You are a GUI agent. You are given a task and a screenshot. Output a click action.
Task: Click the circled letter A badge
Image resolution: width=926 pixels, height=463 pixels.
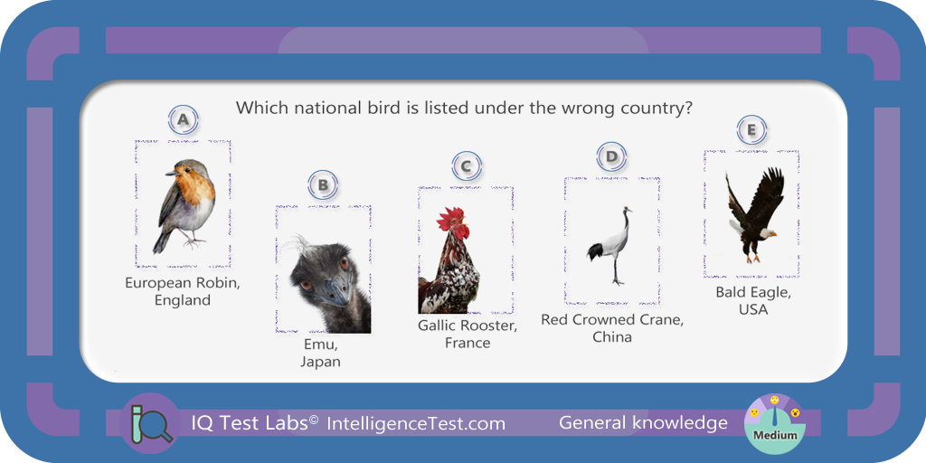tap(183, 120)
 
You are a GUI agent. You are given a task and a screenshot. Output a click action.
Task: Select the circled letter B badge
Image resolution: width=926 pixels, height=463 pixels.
tap(323, 185)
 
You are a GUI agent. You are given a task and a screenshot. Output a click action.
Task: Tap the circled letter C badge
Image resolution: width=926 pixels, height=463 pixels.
tap(467, 166)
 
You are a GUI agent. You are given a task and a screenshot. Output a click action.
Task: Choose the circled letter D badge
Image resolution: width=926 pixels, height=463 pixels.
tap(611, 156)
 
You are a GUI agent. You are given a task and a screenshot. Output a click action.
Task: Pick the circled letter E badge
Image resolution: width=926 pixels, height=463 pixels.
tap(751, 130)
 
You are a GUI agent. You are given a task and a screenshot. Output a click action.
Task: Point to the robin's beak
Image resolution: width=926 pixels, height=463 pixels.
tap(171, 174)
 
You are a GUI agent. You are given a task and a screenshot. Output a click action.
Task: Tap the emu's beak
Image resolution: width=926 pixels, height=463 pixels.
tap(335, 292)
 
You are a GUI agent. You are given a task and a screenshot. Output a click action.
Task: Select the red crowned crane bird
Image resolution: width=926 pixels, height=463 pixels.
tap(612, 245)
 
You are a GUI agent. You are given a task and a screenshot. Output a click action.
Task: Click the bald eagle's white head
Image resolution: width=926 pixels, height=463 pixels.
tap(767, 233)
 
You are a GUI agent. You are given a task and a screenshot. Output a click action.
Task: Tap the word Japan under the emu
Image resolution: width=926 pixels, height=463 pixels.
tap(320, 362)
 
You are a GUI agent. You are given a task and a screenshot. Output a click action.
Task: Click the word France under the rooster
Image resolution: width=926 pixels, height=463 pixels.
tap(468, 343)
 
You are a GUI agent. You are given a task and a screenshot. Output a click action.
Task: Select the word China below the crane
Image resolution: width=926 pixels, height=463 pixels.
tap(612, 337)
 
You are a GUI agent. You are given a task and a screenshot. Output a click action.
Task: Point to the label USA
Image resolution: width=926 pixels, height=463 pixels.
tap(753, 309)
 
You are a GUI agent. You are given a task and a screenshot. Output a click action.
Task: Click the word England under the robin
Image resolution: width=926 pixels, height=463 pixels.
tap(183, 300)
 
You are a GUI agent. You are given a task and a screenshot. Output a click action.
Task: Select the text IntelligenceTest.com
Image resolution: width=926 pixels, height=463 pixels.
tap(416, 423)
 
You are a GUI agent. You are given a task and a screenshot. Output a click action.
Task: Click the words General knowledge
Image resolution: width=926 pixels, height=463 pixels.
tap(643, 423)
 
